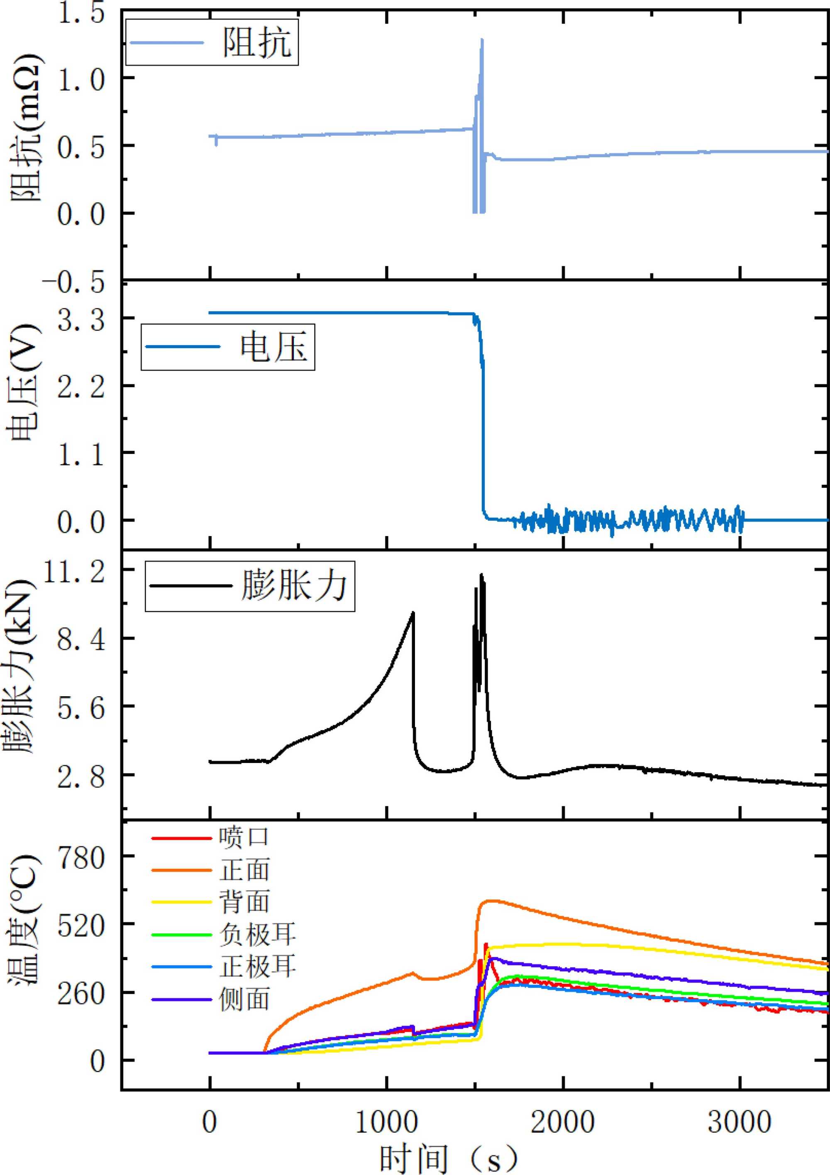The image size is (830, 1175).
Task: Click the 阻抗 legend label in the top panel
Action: click(256, 42)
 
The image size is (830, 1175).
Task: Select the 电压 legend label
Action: click(273, 347)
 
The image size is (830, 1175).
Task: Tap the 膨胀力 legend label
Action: click(294, 585)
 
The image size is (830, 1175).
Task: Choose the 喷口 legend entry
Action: click(244, 837)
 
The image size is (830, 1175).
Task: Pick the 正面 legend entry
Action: click(244, 870)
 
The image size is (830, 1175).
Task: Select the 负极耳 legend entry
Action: click(258, 934)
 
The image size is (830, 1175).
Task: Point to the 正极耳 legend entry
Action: click(258, 967)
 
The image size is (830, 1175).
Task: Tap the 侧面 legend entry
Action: click(244, 999)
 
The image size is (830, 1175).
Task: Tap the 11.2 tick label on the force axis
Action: click(74, 572)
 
